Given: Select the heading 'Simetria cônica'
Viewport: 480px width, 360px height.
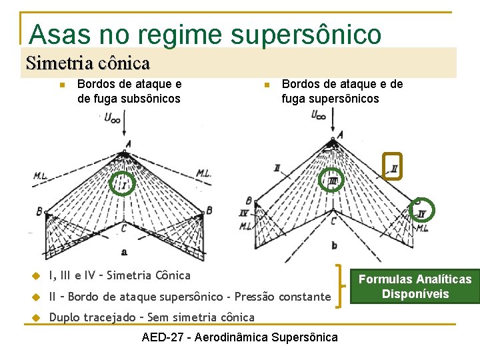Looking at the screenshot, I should (87, 63).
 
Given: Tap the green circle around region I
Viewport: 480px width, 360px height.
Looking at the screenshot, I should (122, 183).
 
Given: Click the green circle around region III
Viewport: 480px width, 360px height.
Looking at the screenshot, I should (332, 179).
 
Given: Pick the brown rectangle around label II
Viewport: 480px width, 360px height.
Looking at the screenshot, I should (393, 165).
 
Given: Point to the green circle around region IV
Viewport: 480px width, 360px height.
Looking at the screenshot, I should (421, 211).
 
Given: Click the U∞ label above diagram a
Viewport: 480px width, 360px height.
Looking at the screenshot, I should (113, 118).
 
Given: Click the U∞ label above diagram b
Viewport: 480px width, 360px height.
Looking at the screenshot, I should (319, 115).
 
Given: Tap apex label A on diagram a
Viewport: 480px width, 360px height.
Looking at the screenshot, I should (127, 143).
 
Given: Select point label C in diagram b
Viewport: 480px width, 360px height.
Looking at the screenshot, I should (333, 221).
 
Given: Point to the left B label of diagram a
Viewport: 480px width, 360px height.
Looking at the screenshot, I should (39, 211).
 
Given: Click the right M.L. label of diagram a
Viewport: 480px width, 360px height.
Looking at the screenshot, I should (204, 173).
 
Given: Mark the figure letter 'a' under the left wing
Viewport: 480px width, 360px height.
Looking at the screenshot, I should (124, 251).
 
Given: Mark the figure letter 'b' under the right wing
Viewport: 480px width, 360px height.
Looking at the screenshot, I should (334, 246).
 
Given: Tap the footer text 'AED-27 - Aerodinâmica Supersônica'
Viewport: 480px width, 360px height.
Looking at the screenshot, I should (240, 337).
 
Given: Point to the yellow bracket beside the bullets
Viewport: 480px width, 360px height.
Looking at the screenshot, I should (341, 286).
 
